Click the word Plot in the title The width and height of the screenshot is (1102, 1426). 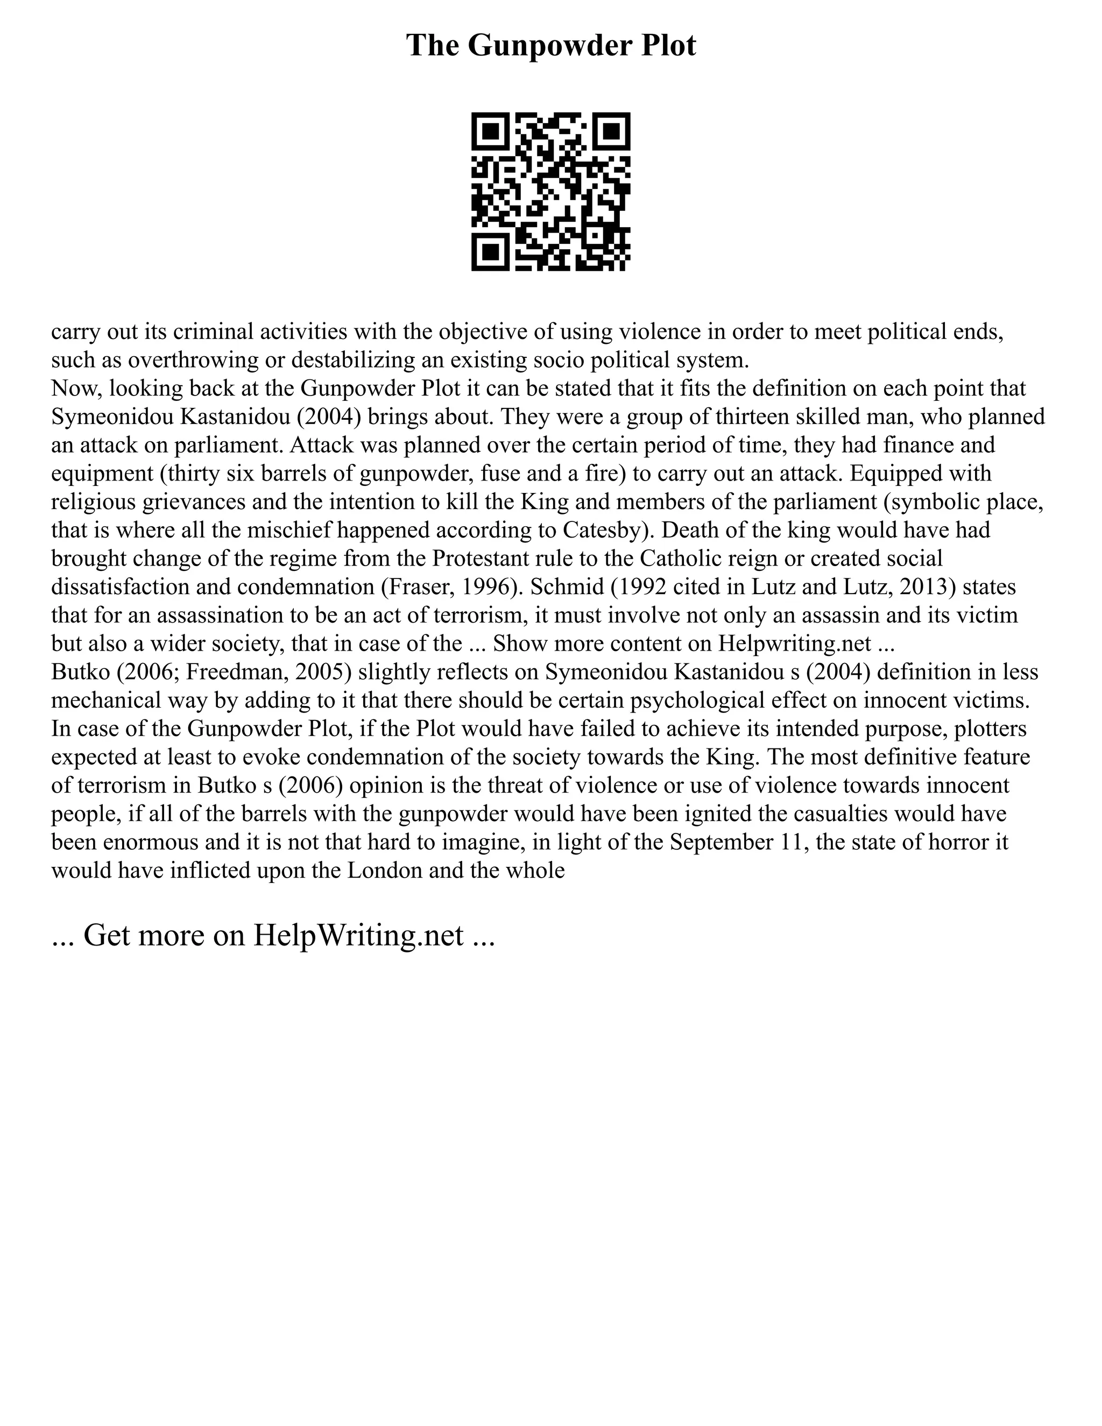pyautogui.click(x=667, y=46)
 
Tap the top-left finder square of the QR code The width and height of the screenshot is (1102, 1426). pyautogui.click(x=490, y=131)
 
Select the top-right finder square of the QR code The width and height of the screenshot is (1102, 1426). pyautogui.click(x=611, y=131)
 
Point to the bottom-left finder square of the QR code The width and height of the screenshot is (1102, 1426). pyautogui.click(x=490, y=252)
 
